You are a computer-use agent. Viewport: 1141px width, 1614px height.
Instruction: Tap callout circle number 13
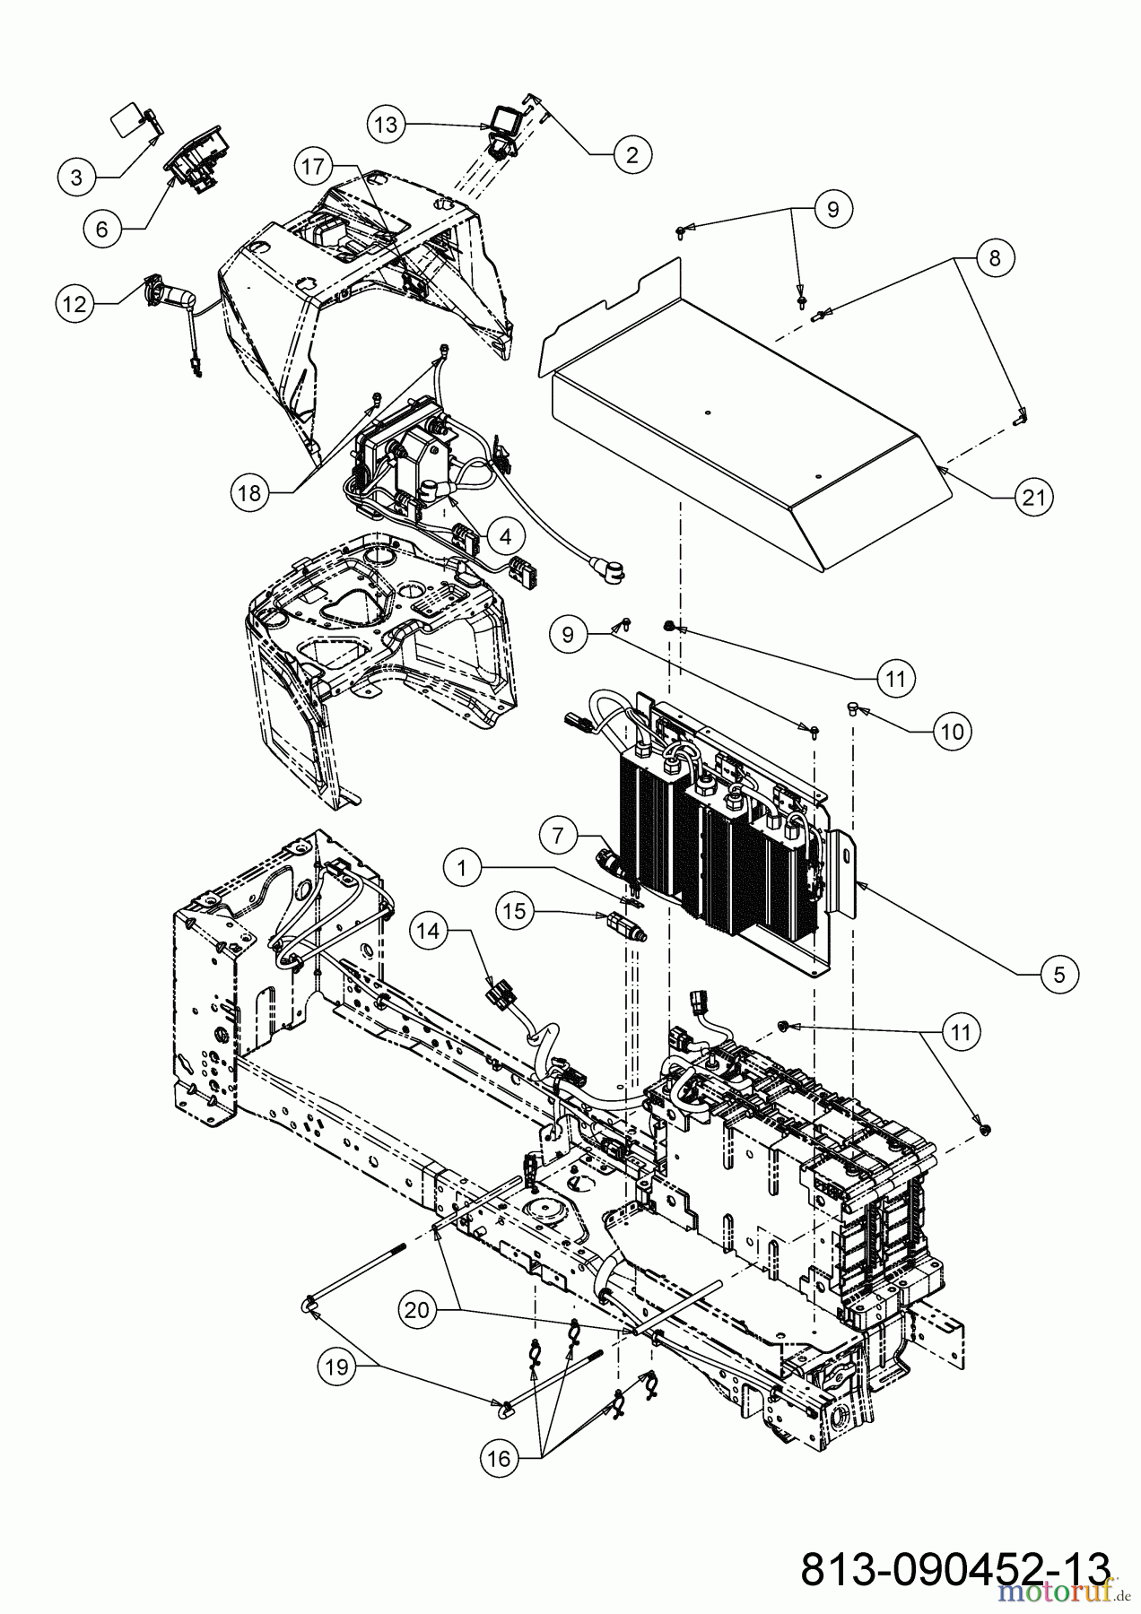click(386, 125)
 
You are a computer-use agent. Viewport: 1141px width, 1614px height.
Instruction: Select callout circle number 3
click(76, 178)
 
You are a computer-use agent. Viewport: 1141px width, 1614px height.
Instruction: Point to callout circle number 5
click(1059, 974)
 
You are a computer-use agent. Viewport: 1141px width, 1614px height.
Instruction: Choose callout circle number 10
click(953, 732)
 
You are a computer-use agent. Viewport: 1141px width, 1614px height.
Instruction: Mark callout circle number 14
click(430, 932)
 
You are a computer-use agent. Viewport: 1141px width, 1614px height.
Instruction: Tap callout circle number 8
click(993, 257)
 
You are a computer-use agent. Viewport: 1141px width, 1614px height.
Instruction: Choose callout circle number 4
click(506, 536)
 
